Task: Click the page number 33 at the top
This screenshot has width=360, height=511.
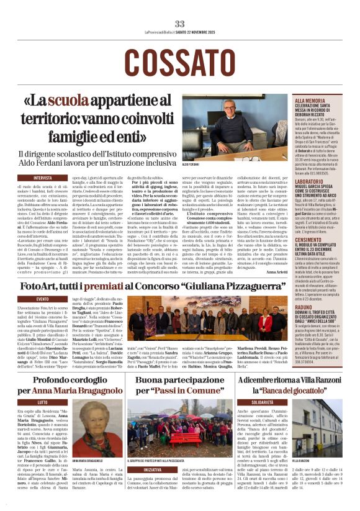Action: coord(179,24)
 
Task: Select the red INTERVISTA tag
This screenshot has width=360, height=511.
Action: coord(43,178)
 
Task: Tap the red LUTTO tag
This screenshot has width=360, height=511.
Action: coord(42,402)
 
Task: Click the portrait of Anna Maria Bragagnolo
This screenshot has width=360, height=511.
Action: coord(92,429)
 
